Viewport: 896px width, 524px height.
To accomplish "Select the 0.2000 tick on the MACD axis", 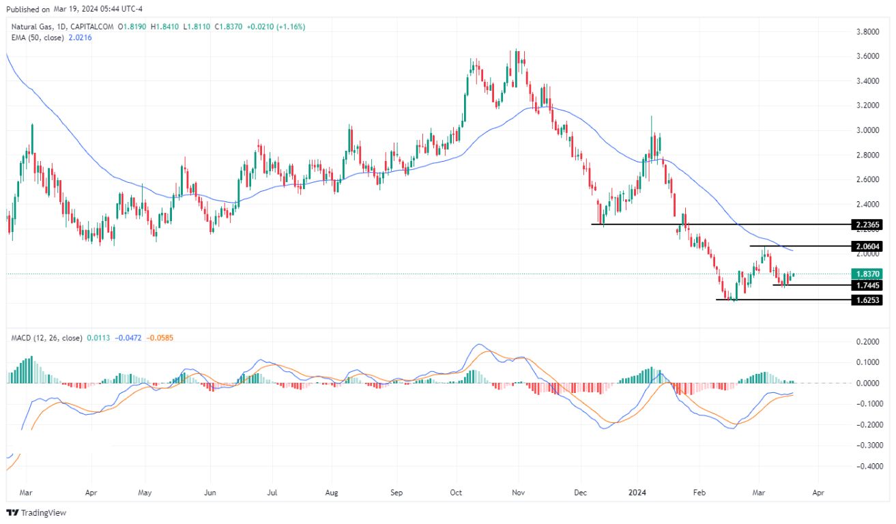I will tap(867, 342).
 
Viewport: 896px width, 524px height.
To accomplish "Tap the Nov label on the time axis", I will tap(518, 491).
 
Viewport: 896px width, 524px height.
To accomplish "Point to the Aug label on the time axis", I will tap(332, 491).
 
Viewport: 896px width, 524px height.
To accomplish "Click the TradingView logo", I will tap(37, 512).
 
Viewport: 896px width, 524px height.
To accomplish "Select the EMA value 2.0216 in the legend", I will tap(78, 38).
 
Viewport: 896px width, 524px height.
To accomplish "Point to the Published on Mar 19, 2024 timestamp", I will tap(72, 10).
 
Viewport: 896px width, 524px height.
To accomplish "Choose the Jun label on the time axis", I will tap(210, 491).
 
